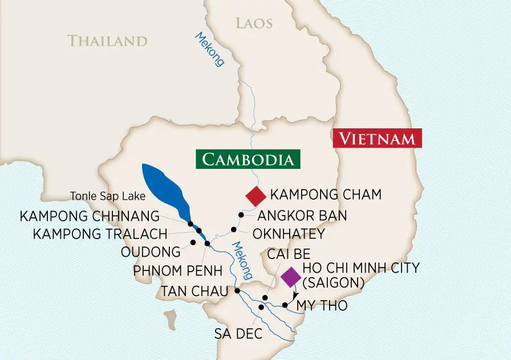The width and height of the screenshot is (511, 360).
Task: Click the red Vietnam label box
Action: tap(377, 138)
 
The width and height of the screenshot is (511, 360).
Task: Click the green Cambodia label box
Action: tap(248, 159)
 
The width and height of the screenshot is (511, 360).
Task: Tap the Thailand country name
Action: tap(107, 41)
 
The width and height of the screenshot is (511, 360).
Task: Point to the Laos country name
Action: tap(254, 23)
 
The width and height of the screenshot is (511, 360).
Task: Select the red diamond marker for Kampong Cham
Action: tap(255, 196)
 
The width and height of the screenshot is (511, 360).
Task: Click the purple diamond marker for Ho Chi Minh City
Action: tap(291, 277)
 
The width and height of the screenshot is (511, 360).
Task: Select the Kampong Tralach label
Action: tap(100, 234)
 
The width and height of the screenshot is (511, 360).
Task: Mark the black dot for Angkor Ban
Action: tap(241, 215)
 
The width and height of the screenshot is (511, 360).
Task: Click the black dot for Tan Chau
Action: tap(237, 291)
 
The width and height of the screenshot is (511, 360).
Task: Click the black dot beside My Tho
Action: tap(285, 305)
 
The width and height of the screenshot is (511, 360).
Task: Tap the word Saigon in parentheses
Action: tap(334, 281)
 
